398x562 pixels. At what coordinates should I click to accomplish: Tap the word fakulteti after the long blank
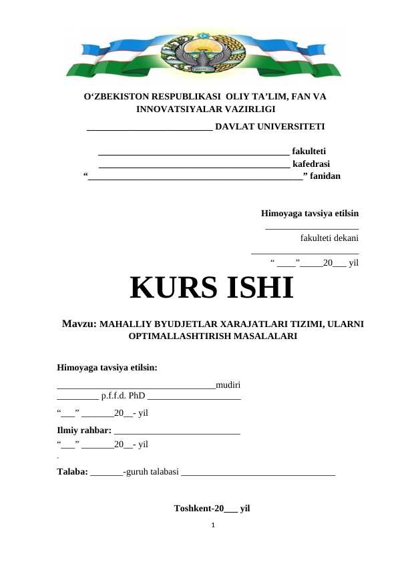(310, 152)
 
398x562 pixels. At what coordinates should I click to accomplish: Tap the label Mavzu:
(79, 324)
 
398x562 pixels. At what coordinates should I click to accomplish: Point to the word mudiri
(228, 384)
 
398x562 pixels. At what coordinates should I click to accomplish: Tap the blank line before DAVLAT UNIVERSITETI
(150, 127)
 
